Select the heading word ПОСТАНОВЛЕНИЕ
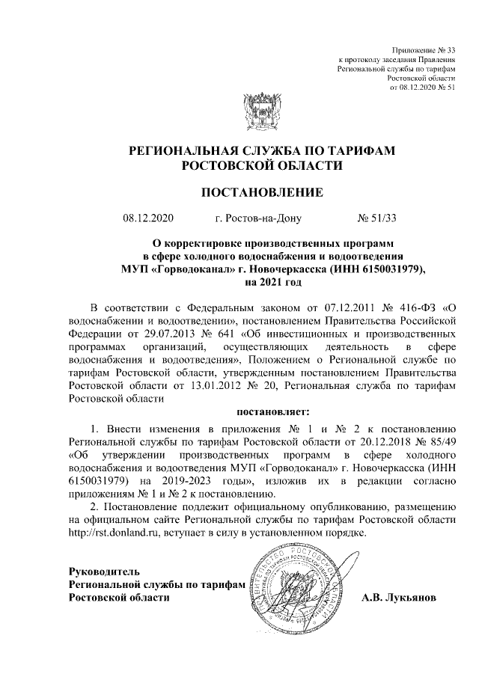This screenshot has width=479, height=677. pyautogui.click(x=263, y=193)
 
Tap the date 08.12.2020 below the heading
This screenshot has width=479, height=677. pyautogui.click(x=147, y=219)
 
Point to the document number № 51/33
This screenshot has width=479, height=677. pyautogui.click(x=378, y=219)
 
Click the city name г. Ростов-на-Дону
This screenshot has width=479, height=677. pyautogui.click(x=259, y=219)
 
